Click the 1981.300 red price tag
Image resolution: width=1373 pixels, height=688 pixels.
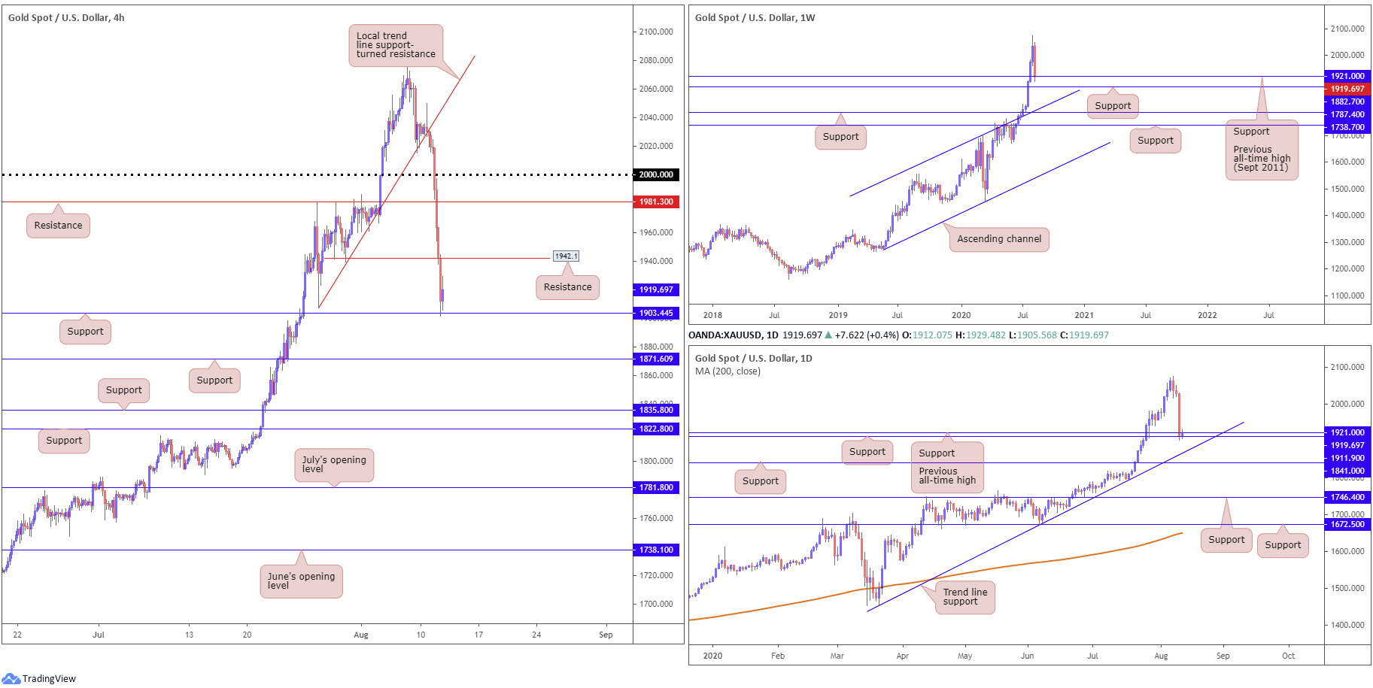pyautogui.click(x=656, y=202)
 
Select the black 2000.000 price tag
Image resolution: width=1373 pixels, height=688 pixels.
pyautogui.click(x=656, y=174)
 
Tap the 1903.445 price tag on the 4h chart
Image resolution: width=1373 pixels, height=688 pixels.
pyautogui.click(x=656, y=313)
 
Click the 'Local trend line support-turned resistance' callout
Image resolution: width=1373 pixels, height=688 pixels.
pyautogui.click(x=396, y=45)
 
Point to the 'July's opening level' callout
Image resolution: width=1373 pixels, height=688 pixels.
pyautogui.click(x=334, y=465)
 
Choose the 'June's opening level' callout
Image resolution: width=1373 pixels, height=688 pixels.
pyautogui.click(x=301, y=581)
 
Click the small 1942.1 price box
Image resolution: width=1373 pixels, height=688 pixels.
pyautogui.click(x=566, y=256)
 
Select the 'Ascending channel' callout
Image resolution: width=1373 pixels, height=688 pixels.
pyautogui.click(x=999, y=239)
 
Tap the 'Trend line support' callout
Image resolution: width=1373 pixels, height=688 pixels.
pyautogui.click(x=965, y=597)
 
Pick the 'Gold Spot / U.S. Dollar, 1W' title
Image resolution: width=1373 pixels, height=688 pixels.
pyautogui.click(x=755, y=17)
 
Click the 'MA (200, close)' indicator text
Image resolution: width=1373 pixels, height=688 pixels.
pyautogui.click(x=728, y=371)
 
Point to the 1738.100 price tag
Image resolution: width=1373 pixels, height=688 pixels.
pyautogui.click(x=656, y=550)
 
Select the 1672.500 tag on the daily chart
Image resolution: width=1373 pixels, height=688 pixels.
pyautogui.click(x=1347, y=524)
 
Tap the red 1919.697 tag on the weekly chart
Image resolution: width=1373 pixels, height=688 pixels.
pyautogui.click(x=1347, y=89)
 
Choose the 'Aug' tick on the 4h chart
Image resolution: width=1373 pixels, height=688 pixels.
pyautogui.click(x=361, y=635)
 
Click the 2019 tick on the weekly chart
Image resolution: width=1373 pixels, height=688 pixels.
pyautogui.click(x=837, y=315)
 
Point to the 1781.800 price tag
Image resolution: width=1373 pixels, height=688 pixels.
pyautogui.click(x=656, y=487)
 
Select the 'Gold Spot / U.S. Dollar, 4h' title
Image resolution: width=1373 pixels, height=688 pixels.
pyautogui.click(x=66, y=17)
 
